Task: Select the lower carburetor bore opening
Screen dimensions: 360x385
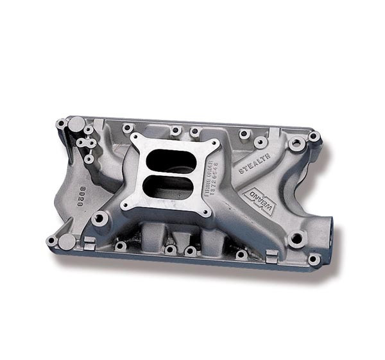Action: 169,187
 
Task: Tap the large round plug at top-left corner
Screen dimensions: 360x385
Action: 76,123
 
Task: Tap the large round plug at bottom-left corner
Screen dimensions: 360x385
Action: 67,242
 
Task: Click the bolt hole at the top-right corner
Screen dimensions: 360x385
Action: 314,137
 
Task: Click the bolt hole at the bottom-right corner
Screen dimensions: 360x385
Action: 313,259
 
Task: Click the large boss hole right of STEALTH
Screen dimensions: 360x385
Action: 296,144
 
